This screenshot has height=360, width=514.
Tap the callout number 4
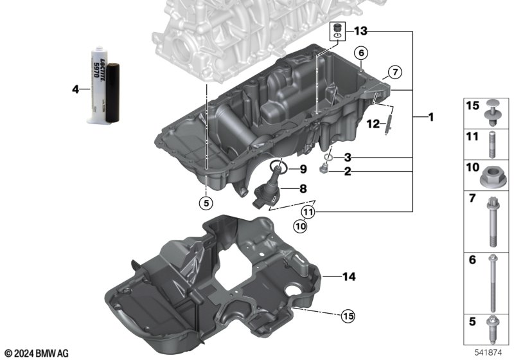tap(76, 89)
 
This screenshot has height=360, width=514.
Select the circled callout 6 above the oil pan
tap(361, 53)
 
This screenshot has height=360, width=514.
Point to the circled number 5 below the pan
tap(206, 203)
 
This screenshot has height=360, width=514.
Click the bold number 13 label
tap(360, 31)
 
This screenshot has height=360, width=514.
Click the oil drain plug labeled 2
tap(323, 169)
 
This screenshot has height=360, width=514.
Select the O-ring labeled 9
tap(279, 167)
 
